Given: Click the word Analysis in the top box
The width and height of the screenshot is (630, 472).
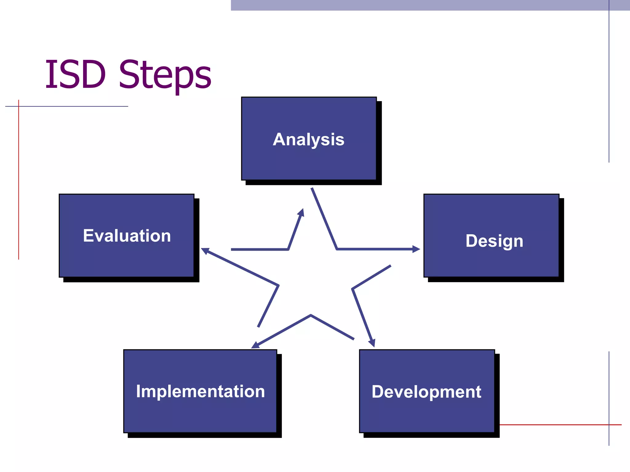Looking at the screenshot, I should tap(309, 140).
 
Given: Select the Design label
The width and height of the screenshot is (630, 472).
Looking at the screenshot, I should tap(494, 241).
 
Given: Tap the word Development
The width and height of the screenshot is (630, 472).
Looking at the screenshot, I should tap(426, 392).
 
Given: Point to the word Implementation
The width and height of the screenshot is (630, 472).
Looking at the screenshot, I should tap(200, 391).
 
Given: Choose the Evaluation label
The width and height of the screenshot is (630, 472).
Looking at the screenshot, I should tap(127, 236).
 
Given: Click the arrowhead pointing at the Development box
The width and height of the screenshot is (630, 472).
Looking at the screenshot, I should tap(372, 343).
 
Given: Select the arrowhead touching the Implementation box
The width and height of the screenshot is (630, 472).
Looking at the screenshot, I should tap(255, 345).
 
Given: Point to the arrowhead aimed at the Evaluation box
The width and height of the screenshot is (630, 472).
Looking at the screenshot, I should tap(205, 251).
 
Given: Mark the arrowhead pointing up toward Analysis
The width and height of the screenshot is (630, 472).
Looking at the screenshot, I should tap(301, 212).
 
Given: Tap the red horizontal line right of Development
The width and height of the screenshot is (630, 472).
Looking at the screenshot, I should tap(554, 425).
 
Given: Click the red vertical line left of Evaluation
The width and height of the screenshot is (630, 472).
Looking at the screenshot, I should tap(18, 184).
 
